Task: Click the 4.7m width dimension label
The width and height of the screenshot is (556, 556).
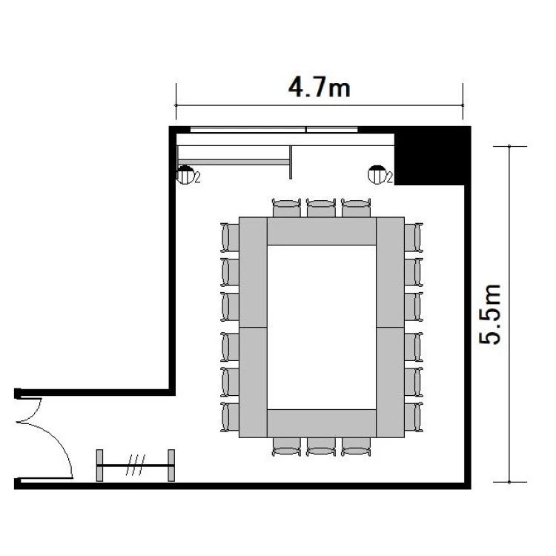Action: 319,87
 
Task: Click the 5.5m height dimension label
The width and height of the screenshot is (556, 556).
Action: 490,314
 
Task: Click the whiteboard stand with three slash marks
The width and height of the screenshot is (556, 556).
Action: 136,466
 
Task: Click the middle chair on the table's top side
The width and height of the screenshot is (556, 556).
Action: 321,208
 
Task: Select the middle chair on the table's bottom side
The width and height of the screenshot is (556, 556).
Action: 321,446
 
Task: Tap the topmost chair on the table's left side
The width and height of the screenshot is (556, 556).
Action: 230,237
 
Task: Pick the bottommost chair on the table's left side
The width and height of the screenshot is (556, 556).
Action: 230,417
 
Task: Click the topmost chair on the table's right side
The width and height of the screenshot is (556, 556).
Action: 414,237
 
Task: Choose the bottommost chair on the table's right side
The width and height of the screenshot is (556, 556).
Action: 414,417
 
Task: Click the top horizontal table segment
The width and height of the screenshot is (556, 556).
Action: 322,231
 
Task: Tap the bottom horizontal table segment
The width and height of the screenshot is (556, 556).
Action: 322,423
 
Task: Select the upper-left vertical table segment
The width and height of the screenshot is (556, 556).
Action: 254,272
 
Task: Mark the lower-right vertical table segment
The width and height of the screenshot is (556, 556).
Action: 391,383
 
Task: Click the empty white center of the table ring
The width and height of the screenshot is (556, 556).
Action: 322,327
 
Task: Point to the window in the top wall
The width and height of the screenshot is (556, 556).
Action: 274,130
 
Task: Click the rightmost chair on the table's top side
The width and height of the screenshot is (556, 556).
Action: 356,208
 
